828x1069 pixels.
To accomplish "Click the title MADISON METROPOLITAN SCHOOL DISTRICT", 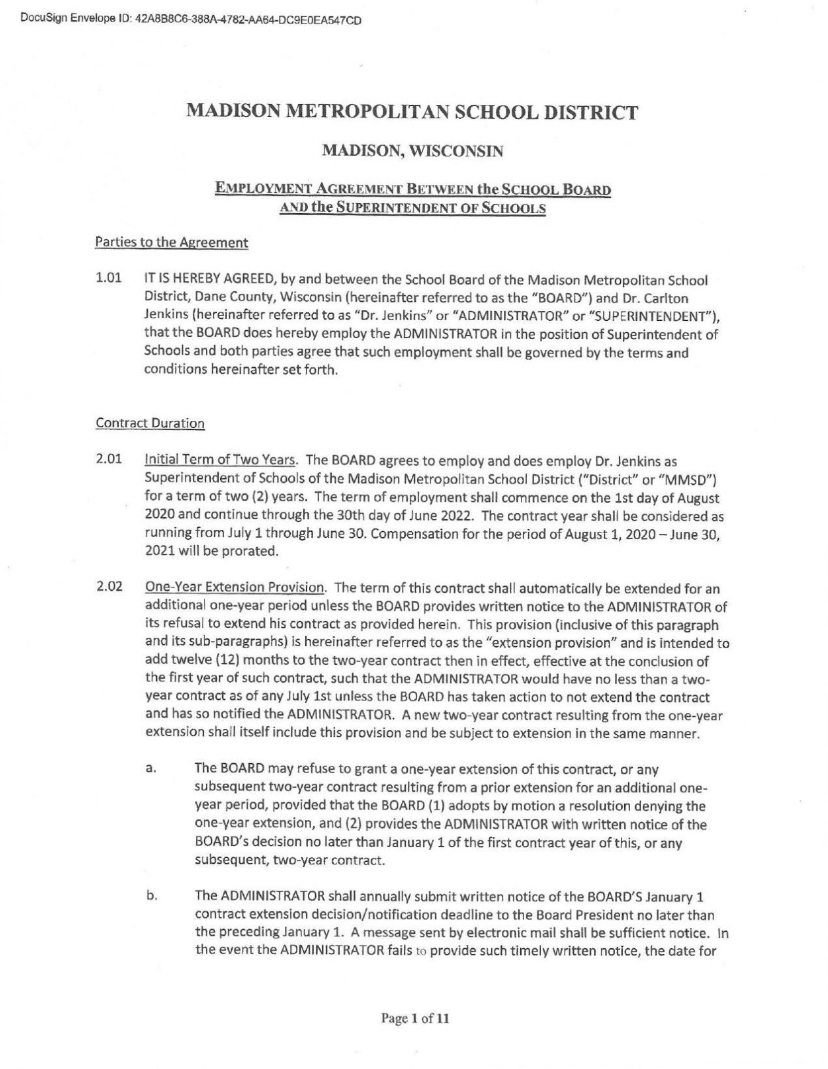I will click(412, 112).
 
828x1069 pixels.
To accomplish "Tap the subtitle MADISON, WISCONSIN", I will click(412, 152).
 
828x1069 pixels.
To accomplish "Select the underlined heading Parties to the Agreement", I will click(171, 242).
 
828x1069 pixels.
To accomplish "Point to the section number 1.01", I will click(108, 278).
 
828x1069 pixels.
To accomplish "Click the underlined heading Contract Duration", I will click(150, 423).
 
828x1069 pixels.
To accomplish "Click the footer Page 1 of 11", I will click(414, 1018).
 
